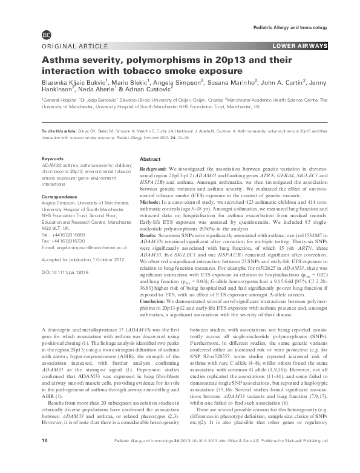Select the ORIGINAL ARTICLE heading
[71, 47]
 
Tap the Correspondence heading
[59, 198]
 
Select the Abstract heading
[149, 158]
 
